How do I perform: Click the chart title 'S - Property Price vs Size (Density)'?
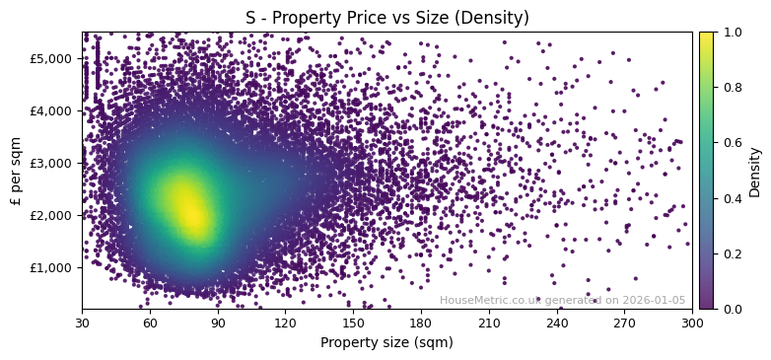coord(386,18)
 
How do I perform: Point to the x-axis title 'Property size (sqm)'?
coord(386,342)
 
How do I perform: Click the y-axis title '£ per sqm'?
coord(16,171)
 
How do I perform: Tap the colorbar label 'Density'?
coord(754,171)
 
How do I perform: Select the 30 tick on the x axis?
coord(82,322)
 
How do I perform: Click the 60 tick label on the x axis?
coord(150,322)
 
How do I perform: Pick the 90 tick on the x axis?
coord(218,322)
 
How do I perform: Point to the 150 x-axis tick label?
coord(353,322)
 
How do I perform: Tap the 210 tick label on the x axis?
coord(489,322)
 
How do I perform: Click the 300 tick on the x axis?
coord(692,322)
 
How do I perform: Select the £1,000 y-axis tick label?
coord(54,267)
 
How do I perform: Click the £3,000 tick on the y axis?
coord(54,163)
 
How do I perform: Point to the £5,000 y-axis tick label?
coord(54,58)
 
